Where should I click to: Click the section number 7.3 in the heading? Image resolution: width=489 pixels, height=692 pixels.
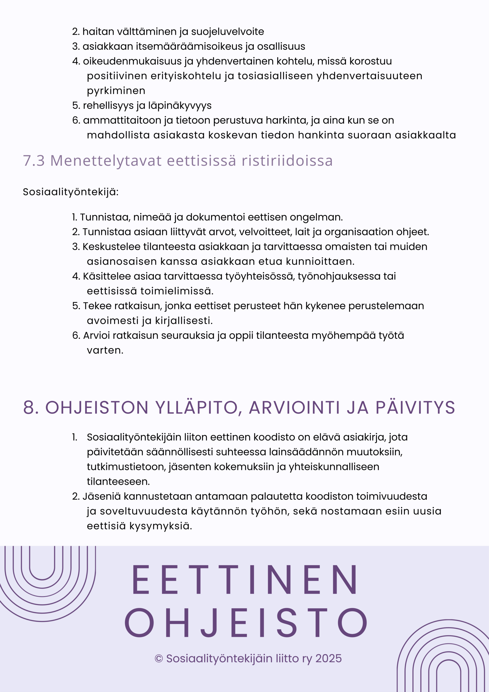tap(34, 160)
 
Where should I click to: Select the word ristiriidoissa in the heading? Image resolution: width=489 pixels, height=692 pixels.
tap(287, 160)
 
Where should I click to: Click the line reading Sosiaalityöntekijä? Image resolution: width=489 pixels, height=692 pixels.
tap(71, 192)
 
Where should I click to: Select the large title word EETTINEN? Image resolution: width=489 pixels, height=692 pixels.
tap(245, 580)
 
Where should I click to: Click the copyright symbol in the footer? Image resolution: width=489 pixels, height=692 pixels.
tap(159, 659)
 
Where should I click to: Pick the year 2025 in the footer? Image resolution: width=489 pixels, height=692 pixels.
tap(329, 658)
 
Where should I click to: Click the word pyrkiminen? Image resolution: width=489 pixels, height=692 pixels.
tap(116, 91)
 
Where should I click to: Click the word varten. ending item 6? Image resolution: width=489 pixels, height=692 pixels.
tap(105, 351)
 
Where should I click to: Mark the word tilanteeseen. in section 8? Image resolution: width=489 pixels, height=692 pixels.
tap(118, 482)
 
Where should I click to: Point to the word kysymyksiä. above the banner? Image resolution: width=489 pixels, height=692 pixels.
tap(160, 526)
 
